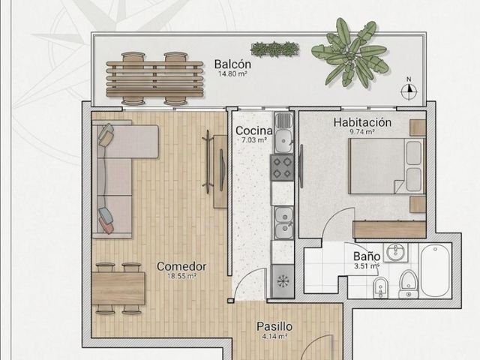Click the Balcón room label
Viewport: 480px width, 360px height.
232,64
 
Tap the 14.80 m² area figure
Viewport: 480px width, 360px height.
232,73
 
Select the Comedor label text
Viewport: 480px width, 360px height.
181,266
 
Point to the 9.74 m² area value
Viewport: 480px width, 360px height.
363,132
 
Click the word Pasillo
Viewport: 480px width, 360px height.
274,326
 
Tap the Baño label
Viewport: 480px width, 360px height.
367,256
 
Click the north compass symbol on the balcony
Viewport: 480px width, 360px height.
409,89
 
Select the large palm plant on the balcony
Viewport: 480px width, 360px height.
350,53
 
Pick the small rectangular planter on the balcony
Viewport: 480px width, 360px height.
274,49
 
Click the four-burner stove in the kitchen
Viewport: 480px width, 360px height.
282,167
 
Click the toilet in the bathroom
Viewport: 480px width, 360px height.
409,283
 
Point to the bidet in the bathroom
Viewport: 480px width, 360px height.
380,287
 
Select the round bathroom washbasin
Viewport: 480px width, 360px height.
396,253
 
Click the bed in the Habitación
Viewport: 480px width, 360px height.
386,166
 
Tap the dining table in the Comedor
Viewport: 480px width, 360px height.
118,288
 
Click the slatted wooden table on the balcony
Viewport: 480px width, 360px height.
154,79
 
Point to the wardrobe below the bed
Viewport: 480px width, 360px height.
389,229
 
